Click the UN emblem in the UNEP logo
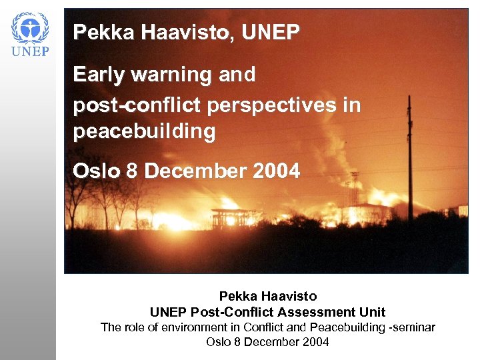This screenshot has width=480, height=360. click(x=31, y=28)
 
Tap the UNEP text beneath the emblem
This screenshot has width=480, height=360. click(x=31, y=52)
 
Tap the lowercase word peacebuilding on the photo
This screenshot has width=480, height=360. click(x=145, y=132)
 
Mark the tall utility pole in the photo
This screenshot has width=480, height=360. click(x=409, y=160)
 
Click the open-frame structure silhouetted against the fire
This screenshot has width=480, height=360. click(x=228, y=219)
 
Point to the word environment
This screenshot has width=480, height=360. click(x=189, y=327)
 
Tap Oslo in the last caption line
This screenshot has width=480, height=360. click(x=219, y=343)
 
